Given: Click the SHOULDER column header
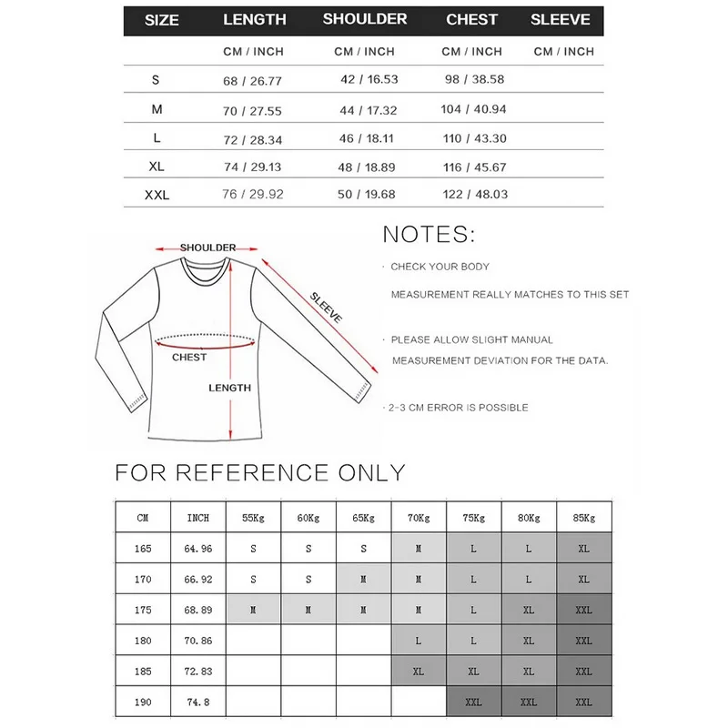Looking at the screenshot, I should [365, 19].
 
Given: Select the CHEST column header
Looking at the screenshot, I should [472, 19].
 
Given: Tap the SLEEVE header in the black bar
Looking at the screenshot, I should [561, 19].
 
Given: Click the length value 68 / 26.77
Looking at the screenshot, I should [252, 80].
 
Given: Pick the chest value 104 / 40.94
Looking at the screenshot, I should [474, 109].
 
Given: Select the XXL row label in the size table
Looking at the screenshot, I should [157, 195].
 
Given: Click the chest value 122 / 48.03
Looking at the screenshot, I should [474, 194].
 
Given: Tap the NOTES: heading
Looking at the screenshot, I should [428, 234].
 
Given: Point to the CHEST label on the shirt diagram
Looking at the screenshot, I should [189, 358].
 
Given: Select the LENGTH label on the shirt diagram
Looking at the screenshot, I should [229, 388].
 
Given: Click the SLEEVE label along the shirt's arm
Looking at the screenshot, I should [326, 308].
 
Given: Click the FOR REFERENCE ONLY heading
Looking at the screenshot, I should [259, 472].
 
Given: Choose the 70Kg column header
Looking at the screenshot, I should [419, 518].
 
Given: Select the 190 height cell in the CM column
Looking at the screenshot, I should [142, 702].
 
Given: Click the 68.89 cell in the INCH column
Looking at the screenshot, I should [197, 610].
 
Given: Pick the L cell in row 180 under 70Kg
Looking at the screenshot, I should [419, 641].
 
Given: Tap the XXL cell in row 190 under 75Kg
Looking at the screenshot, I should [474, 702].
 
